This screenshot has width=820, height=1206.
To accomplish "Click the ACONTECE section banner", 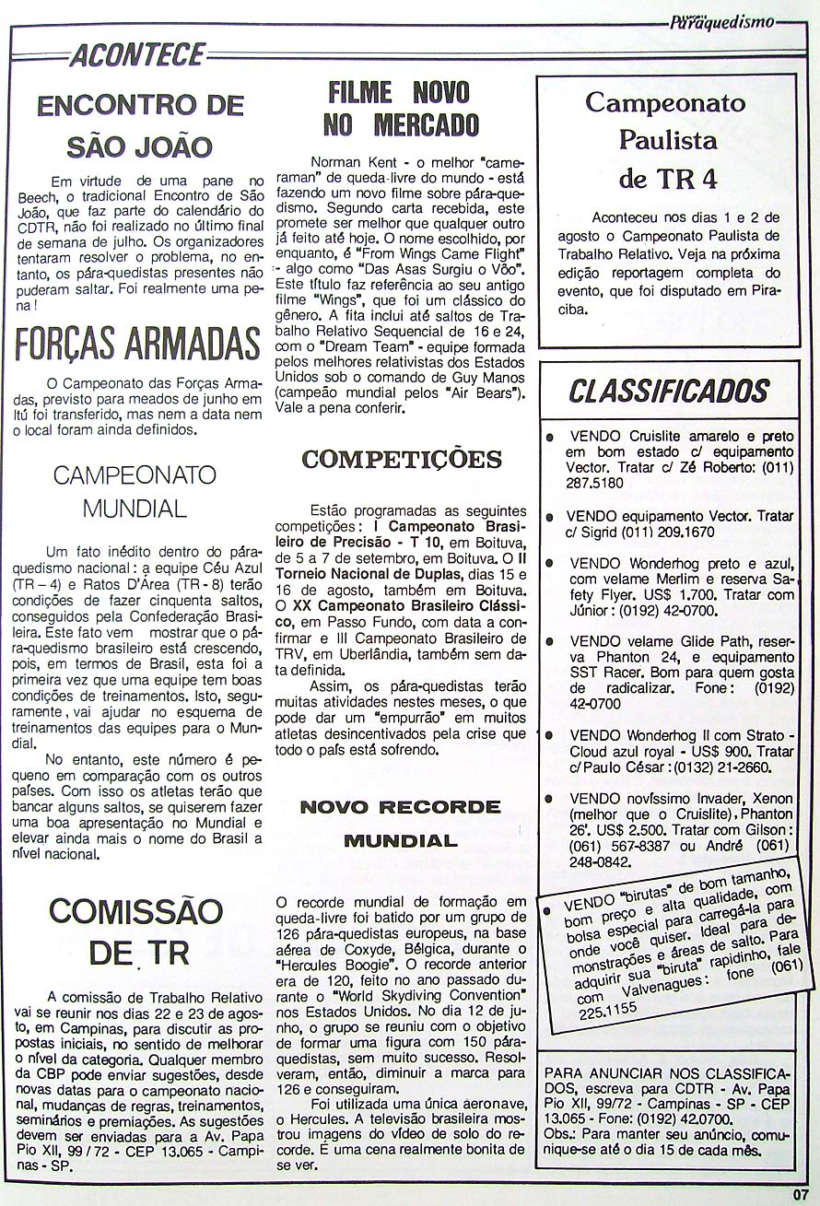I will pos(137,55).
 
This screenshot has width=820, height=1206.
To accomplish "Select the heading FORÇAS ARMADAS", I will pos(138,343).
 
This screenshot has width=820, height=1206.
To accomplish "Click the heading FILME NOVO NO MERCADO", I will pos(401,108).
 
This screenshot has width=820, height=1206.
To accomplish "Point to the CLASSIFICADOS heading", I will pos(668,392).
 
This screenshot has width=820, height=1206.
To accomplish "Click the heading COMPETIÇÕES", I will pos(401,459).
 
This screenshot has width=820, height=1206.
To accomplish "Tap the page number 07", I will pos(799,1197).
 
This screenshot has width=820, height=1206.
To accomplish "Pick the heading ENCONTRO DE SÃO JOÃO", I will pos(140,125).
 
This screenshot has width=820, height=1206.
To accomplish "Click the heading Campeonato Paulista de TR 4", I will pos(666,139).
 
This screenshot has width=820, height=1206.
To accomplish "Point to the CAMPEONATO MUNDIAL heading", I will pos(135,491).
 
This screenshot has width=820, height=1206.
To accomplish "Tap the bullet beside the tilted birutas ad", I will pos(548,911).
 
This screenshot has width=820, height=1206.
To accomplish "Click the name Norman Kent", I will pos(346,160).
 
